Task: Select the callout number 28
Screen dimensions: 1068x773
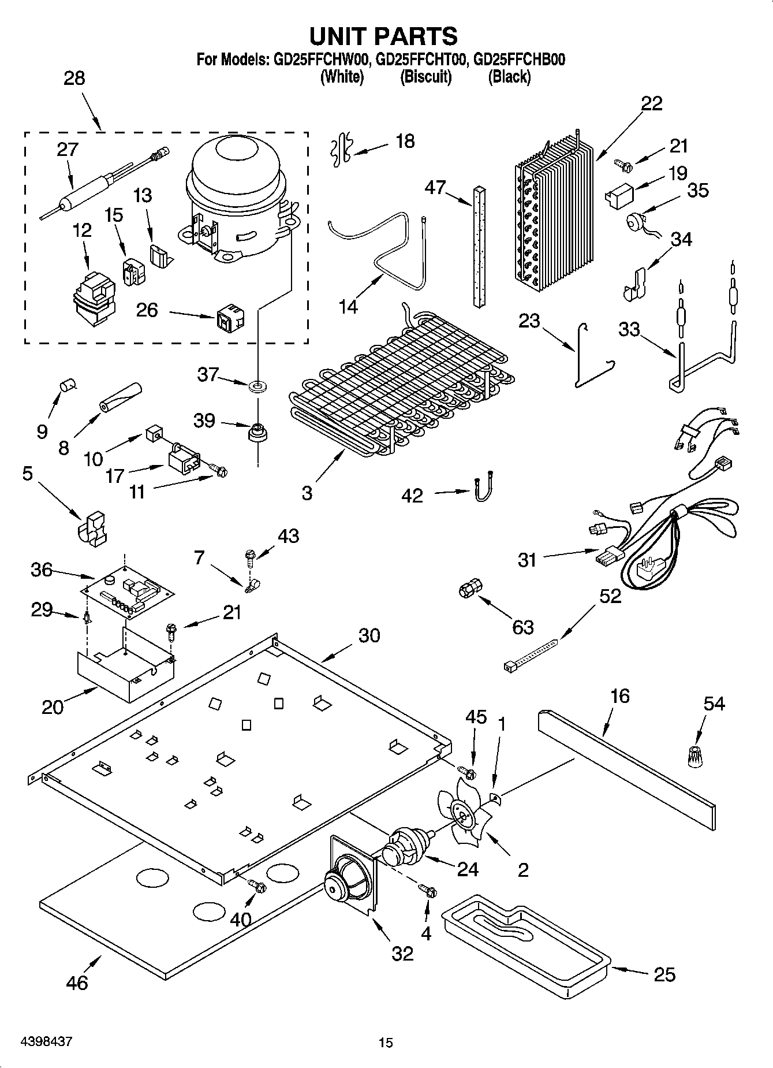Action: [x=74, y=79]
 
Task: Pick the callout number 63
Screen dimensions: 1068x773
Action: [x=522, y=627]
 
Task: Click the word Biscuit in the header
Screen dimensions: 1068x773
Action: [x=425, y=77]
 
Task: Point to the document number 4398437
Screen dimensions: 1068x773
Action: [x=46, y=1042]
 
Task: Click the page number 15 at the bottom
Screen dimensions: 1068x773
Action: [x=386, y=1043]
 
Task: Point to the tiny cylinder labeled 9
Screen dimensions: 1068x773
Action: [x=69, y=384]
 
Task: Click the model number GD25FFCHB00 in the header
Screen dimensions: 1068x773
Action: [x=518, y=59]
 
